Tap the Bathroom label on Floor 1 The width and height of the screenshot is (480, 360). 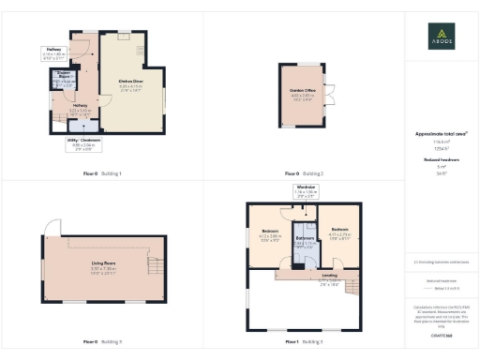[x=305, y=238]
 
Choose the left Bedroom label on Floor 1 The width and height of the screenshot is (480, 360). [x=270, y=232]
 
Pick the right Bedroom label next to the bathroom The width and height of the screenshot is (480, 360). [x=339, y=228]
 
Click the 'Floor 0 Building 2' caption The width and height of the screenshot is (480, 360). [x=304, y=174]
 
